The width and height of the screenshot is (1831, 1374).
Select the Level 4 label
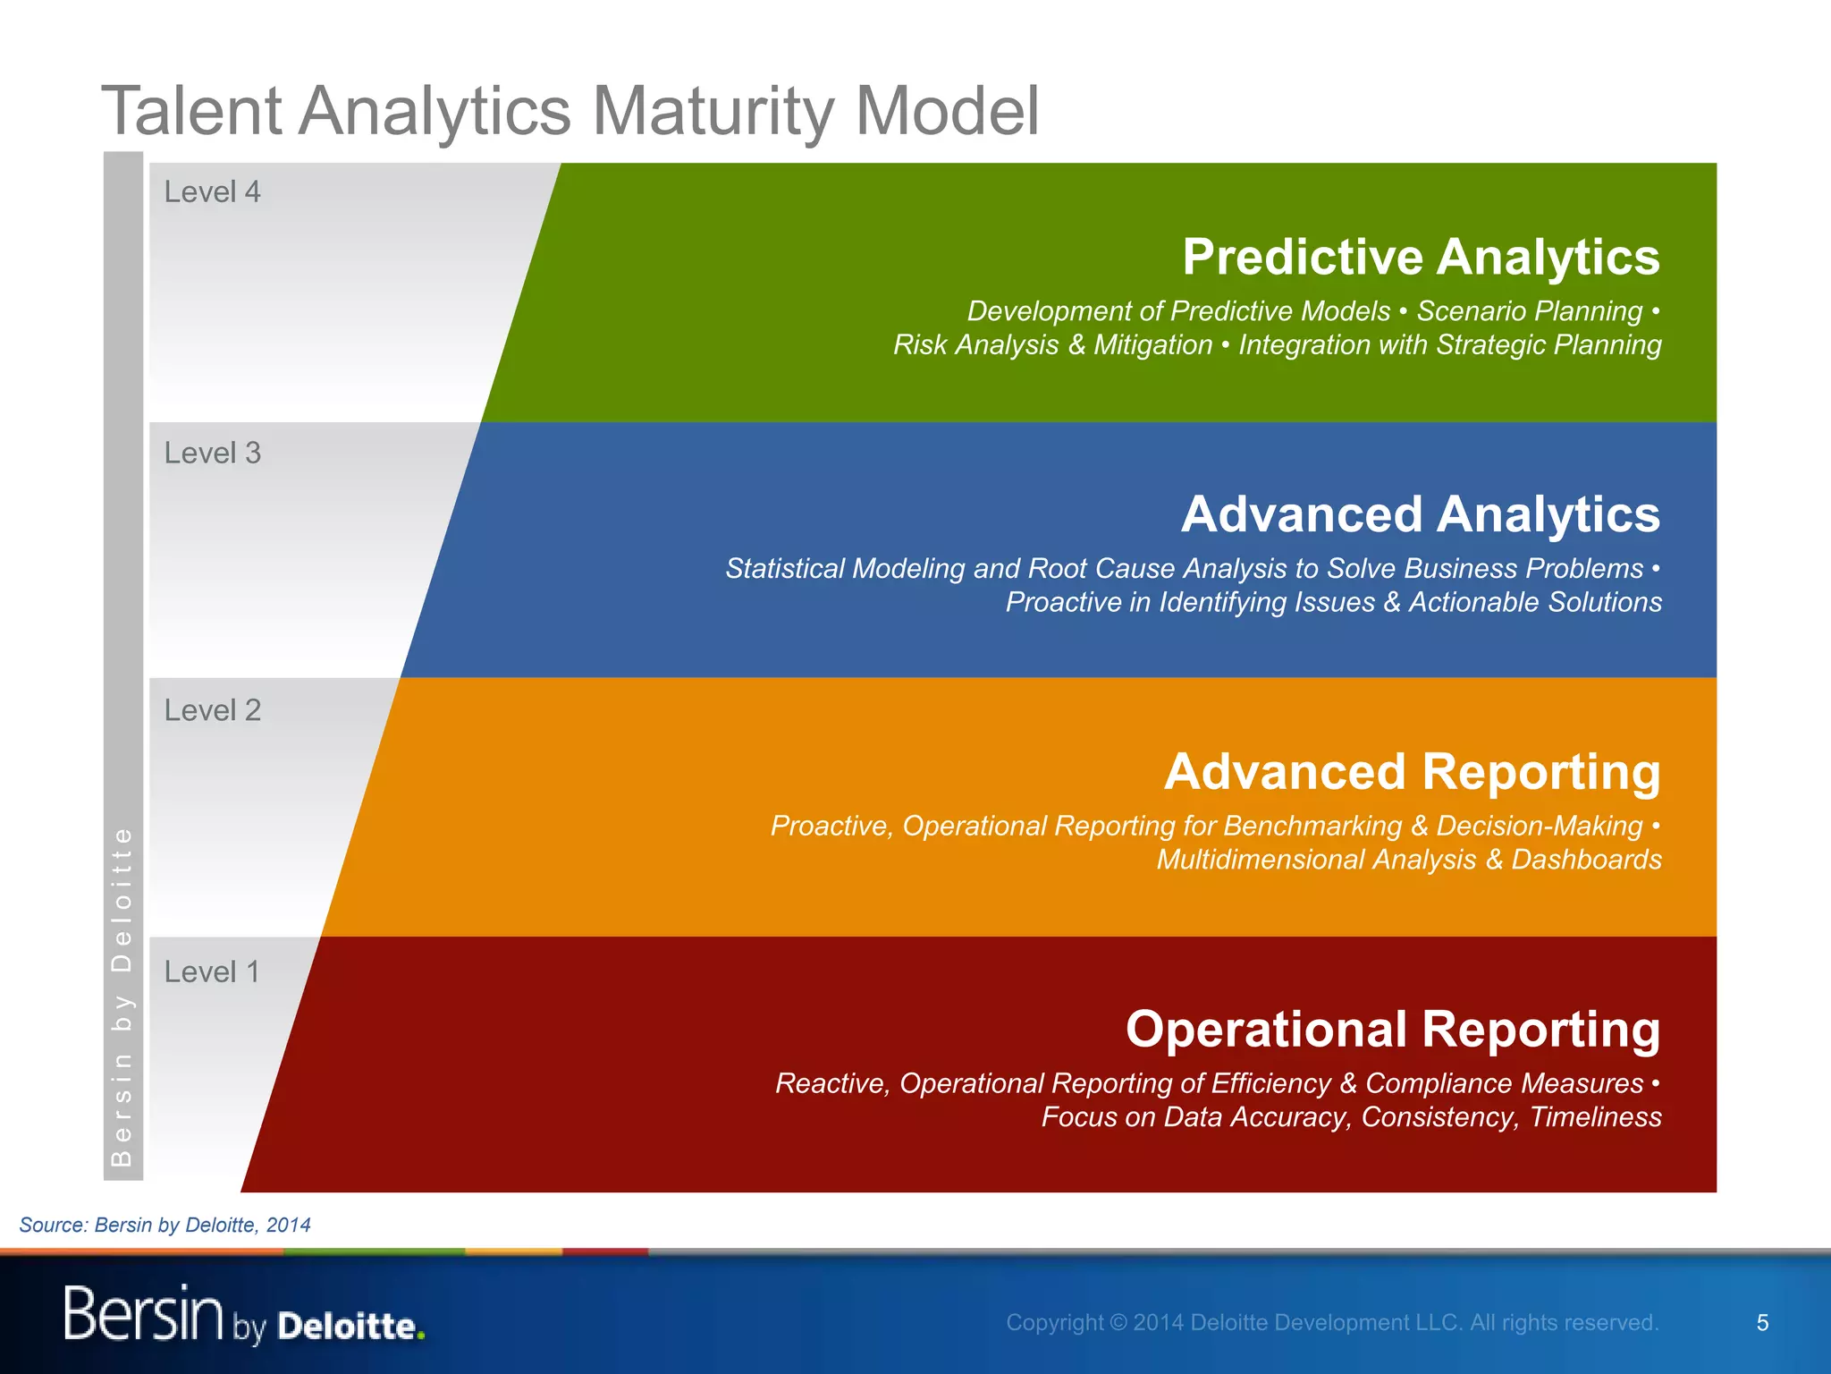click(212, 192)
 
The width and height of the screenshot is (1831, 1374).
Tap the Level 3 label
click(212, 454)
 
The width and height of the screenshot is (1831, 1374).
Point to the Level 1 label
click(212, 972)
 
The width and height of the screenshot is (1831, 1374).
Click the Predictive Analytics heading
click(1420, 258)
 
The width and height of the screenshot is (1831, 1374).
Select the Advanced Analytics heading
click(1420, 515)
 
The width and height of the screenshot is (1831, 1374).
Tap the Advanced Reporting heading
click(1412, 772)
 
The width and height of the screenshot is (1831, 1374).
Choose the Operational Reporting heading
click(1392, 1030)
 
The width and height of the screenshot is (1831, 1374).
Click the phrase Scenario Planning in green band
click(1529, 311)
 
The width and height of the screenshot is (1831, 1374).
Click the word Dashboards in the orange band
click(1585, 860)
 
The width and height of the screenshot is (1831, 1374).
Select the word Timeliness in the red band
click(1595, 1117)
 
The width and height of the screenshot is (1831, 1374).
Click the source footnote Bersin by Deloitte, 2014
click(165, 1226)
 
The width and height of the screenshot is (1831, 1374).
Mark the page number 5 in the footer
click(1762, 1323)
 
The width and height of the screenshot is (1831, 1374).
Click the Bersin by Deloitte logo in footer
click(243, 1314)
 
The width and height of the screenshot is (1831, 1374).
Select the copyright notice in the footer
click(1331, 1323)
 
